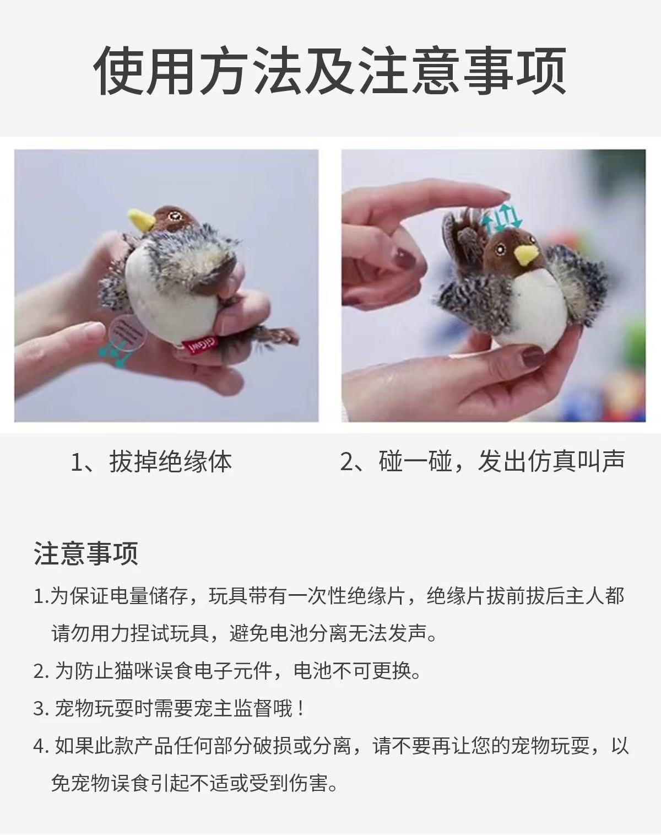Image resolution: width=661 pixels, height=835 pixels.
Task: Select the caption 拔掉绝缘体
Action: pyautogui.click(x=171, y=462)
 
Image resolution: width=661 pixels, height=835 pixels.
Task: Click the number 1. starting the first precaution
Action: pyautogui.click(x=41, y=597)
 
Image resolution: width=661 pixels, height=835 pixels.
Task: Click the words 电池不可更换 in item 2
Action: pyautogui.click(x=352, y=671)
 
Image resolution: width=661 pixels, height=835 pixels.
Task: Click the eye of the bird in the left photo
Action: pyautogui.click(x=174, y=215)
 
